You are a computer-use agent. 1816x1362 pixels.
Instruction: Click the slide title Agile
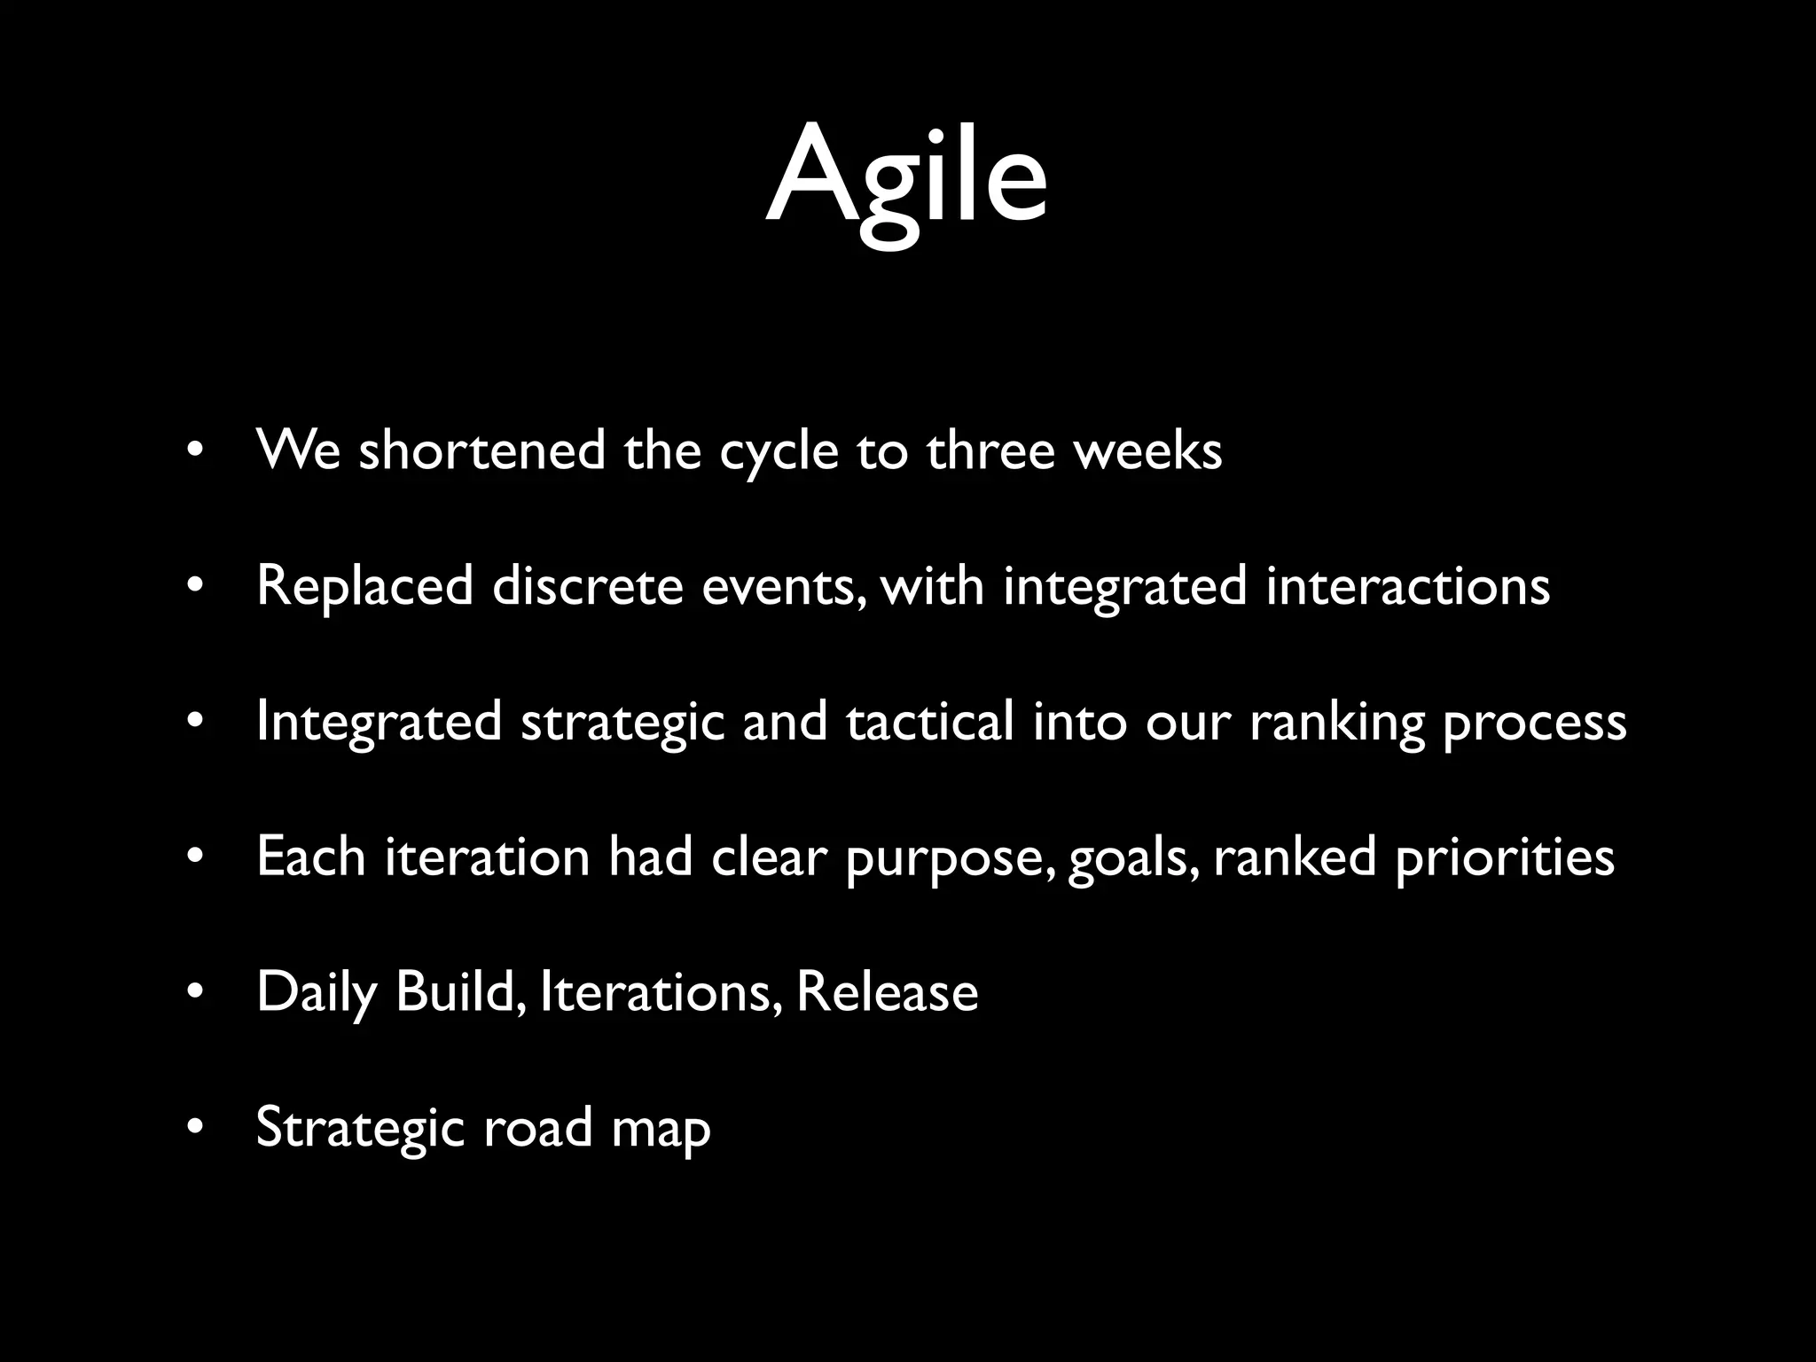pyautogui.click(x=906, y=177)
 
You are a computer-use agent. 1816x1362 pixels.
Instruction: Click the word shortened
pyautogui.click(x=481, y=450)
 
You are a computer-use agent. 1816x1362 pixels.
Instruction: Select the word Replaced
pyautogui.click(x=364, y=587)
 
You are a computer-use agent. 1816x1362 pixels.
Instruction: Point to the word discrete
pyautogui.click(x=587, y=587)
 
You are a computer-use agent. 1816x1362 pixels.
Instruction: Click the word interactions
pyautogui.click(x=1407, y=587)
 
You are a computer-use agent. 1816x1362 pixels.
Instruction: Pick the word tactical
pyautogui.click(x=929, y=722)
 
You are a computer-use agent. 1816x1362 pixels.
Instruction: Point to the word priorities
pyautogui.click(x=1504, y=858)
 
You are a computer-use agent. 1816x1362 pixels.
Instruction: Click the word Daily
pyautogui.click(x=317, y=993)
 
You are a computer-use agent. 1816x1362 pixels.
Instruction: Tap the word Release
pyautogui.click(x=887, y=992)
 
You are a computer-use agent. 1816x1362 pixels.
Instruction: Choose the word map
pyautogui.click(x=661, y=1130)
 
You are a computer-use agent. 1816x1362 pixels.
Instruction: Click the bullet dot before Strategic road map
pyautogui.click(x=196, y=1129)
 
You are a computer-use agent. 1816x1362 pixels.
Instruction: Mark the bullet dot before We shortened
pyautogui.click(x=196, y=450)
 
